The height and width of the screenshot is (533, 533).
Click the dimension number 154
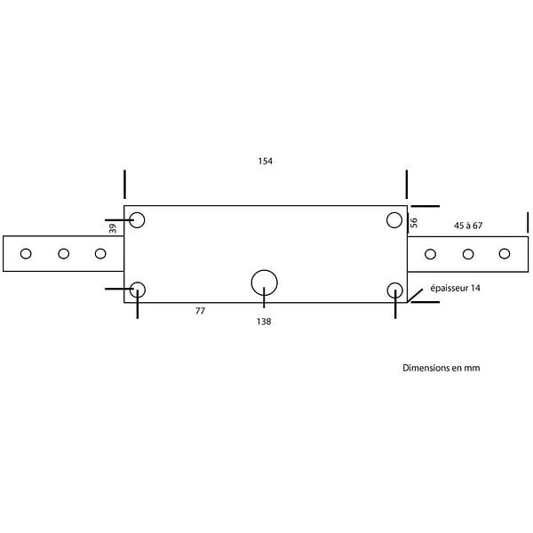(265, 161)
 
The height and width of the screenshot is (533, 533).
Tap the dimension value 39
(113, 228)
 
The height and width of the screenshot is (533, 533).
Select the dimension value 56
(414, 223)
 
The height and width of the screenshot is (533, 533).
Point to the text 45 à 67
(468, 226)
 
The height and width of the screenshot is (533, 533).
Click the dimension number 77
(200, 311)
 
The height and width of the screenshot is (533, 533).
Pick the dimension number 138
(264, 322)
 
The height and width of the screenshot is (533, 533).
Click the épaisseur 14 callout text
(455, 288)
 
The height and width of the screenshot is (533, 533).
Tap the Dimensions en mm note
(442, 368)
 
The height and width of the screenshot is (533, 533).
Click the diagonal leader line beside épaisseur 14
(415, 296)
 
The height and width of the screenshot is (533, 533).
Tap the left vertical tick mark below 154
(124, 184)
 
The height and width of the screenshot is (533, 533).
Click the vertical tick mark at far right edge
(528, 222)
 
